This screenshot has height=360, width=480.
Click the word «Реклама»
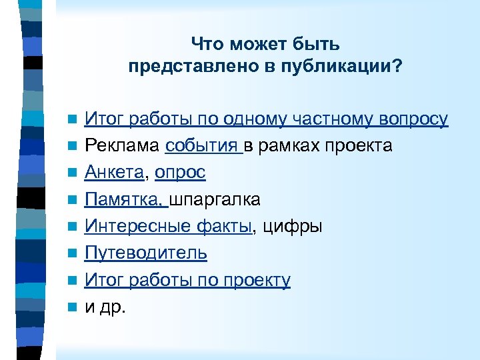click(123, 146)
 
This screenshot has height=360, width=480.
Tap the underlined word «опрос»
click(180, 173)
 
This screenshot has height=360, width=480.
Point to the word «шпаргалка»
click(215, 199)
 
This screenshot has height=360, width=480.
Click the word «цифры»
click(293, 227)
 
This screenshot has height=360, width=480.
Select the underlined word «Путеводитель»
click(145, 253)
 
